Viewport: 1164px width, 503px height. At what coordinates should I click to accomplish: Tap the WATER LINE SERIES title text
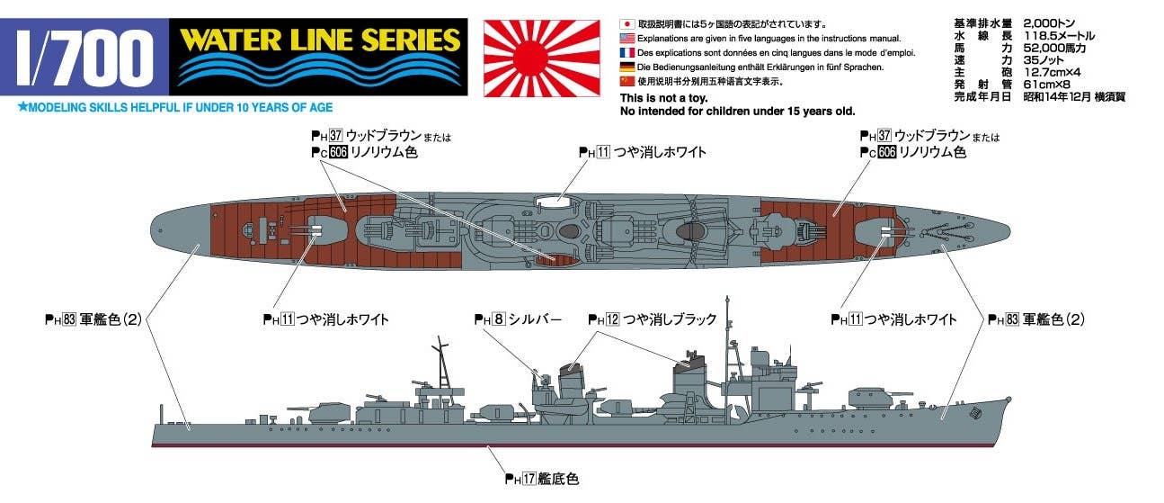coord(320,40)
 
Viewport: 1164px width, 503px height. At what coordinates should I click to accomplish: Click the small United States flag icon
coord(626,39)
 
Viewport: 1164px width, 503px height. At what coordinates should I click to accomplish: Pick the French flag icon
coord(626,53)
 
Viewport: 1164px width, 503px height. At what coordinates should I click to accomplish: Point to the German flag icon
coord(626,67)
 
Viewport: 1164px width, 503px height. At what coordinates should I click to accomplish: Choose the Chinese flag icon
coord(626,82)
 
